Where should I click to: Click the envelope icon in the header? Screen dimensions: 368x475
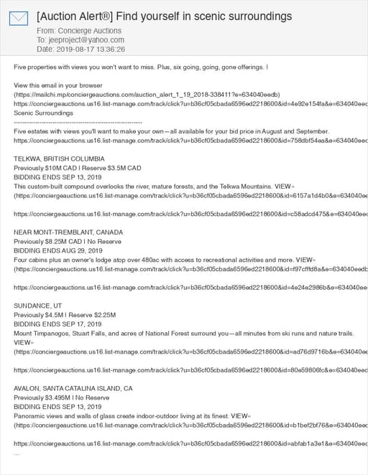(19, 19)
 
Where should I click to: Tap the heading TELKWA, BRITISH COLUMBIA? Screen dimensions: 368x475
(59, 158)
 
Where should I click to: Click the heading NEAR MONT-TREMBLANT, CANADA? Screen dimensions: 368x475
(68, 232)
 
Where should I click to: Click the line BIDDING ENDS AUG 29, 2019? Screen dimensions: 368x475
(58, 250)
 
